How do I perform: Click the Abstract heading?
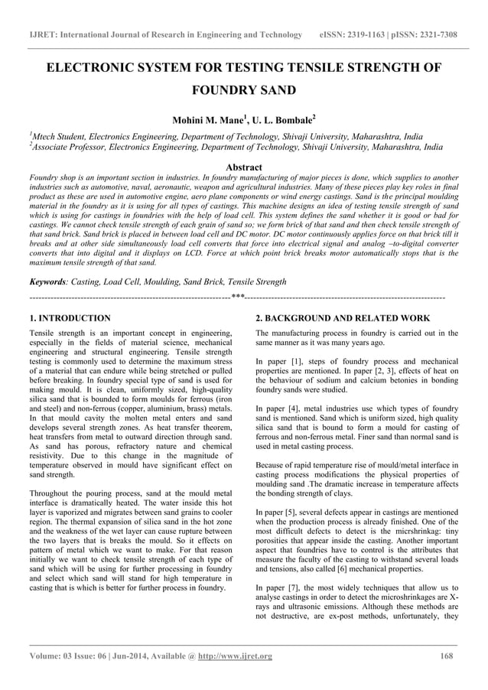244,167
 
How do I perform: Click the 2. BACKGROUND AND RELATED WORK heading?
342,317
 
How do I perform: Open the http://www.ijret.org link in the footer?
235,656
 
